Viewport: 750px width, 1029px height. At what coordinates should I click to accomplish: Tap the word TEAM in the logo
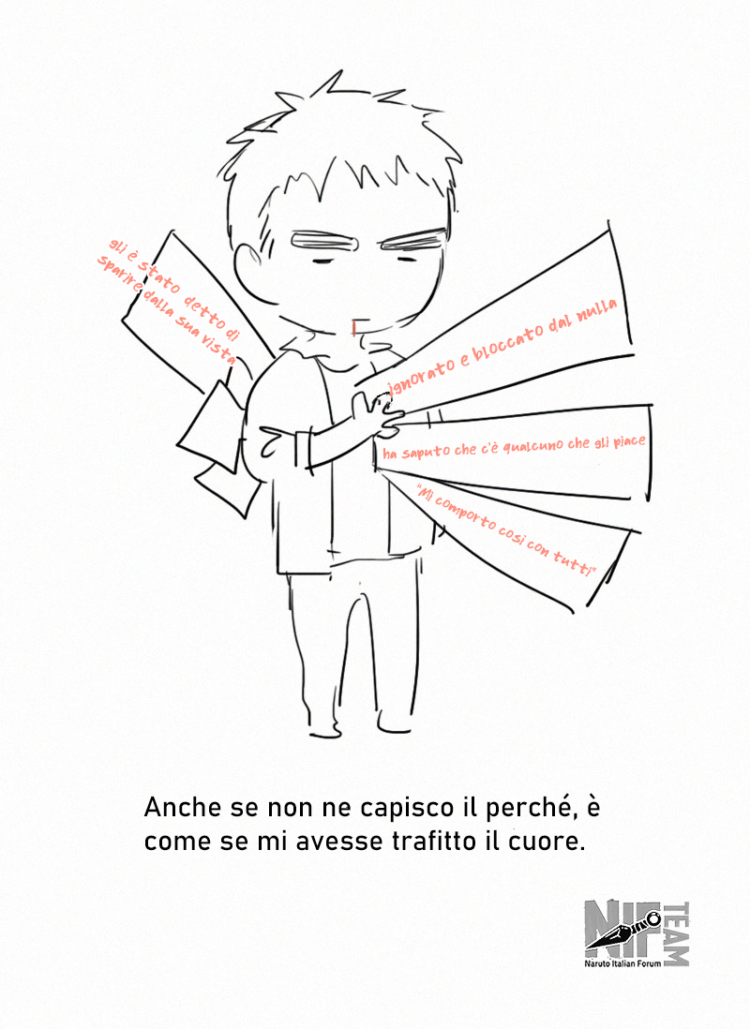677,933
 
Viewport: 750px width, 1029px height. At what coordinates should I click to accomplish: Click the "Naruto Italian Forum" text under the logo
622,963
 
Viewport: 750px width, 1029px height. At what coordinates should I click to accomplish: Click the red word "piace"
630,441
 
